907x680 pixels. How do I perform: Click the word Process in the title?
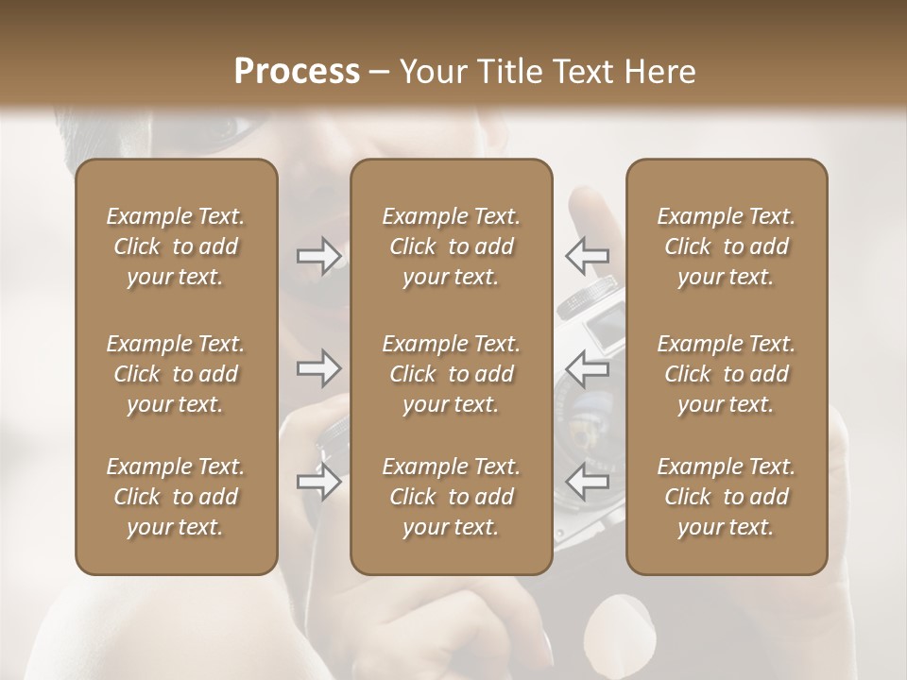point(297,72)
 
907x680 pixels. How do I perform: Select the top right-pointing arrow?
point(319,256)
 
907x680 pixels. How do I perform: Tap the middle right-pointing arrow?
point(319,369)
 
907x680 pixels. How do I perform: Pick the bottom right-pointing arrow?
point(319,483)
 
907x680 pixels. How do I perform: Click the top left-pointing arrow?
point(587,255)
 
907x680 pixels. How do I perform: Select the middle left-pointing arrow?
point(587,368)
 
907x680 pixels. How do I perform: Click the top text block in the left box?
point(176,246)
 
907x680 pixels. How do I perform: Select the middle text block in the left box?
point(176,374)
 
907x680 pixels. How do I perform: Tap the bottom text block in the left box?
point(176,497)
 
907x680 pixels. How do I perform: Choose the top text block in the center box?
point(452,246)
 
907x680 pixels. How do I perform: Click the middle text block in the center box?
point(452,374)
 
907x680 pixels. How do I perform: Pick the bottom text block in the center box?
point(452,497)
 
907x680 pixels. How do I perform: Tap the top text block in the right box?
point(727,246)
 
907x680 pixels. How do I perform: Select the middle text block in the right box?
point(727,374)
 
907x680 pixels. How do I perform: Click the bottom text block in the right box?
point(727,497)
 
